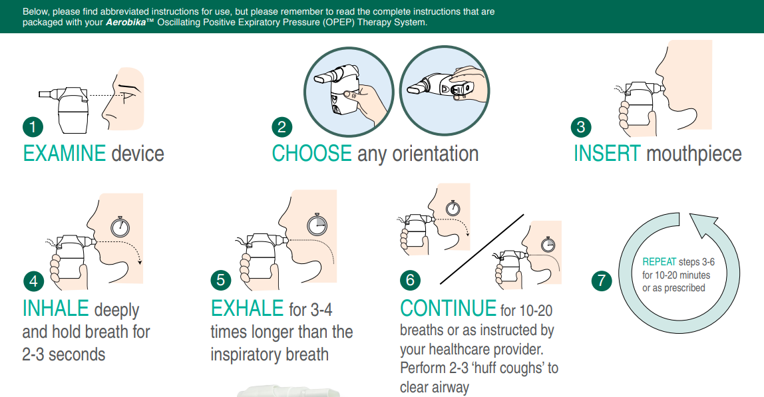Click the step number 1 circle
[33, 127]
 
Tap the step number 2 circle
[282, 127]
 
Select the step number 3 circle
[581, 127]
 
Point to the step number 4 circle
[34, 281]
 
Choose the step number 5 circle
[221, 280]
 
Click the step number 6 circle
[410, 280]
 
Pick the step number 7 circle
[602, 281]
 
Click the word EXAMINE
[65, 154]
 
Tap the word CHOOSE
[312, 154]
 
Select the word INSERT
[607, 154]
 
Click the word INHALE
[55, 309]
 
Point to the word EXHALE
[247, 309]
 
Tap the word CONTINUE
[449, 309]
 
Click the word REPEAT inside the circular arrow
[660, 262]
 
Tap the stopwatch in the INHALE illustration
[120, 227]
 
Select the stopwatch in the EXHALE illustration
[317, 225]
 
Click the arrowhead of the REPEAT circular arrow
[707, 223]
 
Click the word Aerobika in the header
[126, 23]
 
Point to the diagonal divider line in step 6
[482, 249]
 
